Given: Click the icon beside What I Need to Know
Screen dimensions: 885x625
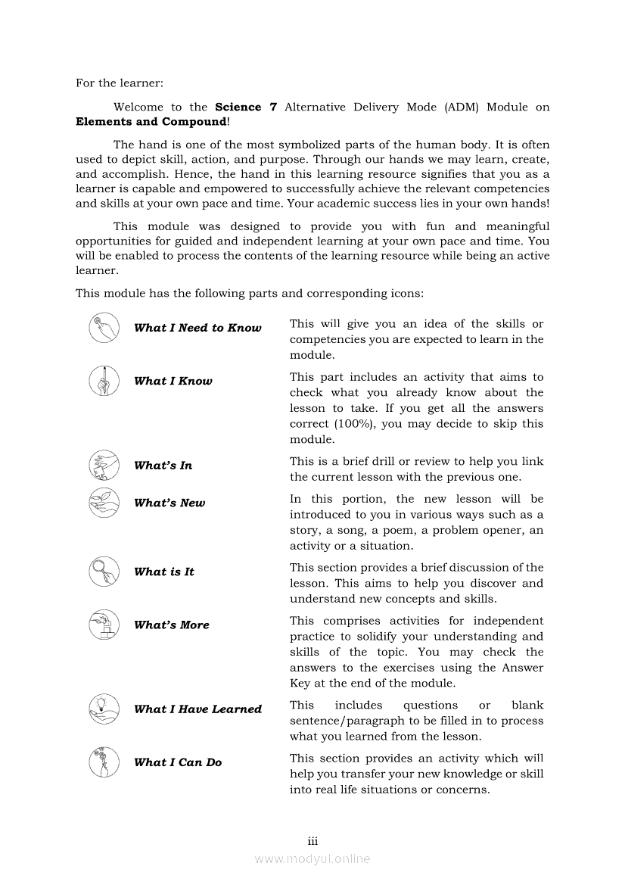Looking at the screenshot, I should click(x=104, y=328).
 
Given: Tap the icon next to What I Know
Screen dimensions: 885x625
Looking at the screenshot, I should click(x=104, y=380).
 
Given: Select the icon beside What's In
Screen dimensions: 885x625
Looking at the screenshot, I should click(x=104, y=465).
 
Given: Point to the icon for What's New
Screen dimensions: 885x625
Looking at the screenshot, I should click(x=104, y=501).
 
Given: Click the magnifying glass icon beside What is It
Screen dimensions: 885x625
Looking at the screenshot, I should click(x=104, y=571).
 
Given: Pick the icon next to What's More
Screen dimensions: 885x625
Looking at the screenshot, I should click(x=104, y=625).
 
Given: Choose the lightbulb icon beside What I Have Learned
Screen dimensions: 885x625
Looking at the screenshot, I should click(x=104, y=709).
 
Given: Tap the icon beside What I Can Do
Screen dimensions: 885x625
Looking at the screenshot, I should click(x=104, y=762).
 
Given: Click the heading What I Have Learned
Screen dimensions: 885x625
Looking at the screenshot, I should click(x=197, y=709).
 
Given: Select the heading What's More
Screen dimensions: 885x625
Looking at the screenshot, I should click(x=171, y=625).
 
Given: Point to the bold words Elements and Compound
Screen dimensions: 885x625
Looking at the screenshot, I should click(x=151, y=122).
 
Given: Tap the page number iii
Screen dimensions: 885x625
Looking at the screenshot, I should click(x=312, y=841).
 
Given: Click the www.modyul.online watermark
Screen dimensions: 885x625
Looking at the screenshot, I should click(x=312, y=859).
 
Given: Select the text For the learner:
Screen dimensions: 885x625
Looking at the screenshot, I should click(x=120, y=83).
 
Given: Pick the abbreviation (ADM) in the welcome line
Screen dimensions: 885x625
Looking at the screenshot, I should click(x=462, y=108).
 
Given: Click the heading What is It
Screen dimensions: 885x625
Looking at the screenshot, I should click(x=163, y=572).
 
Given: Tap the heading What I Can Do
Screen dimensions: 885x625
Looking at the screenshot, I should click(x=178, y=763).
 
